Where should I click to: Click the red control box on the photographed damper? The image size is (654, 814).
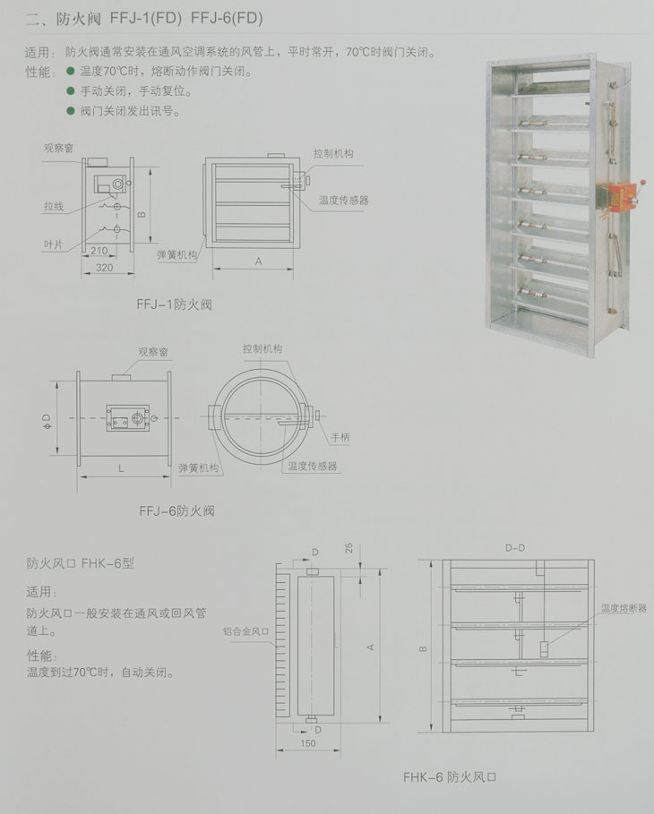click(x=621, y=197)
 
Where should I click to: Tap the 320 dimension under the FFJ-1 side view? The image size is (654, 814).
click(x=105, y=268)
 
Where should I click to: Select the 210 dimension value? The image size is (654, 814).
click(x=99, y=251)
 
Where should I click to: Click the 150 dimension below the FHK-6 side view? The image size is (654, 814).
click(x=308, y=743)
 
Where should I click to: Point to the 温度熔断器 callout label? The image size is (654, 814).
click(x=624, y=608)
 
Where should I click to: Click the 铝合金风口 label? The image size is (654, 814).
click(x=245, y=631)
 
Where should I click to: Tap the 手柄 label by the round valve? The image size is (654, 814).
click(x=340, y=437)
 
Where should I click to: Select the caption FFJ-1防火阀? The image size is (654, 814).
click(x=175, y=304)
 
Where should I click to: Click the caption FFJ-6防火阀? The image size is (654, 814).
click(x=176, y=510)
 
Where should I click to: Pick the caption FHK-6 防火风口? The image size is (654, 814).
click(x=450, y=777)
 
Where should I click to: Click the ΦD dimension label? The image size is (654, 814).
click(x=47, y=421)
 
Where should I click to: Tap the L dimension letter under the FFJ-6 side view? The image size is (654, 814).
click(x=121, y=468)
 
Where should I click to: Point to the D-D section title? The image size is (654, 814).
click(x=515, y=548)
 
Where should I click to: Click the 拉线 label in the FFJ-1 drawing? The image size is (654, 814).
click(x=54, y=206)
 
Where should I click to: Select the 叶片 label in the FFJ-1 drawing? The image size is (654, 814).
click(x=53, y=244)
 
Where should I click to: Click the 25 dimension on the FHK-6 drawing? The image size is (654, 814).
click(x=349, y=548)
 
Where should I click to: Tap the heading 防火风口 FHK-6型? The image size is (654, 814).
click(x=81, y=563)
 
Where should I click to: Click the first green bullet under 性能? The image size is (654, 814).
click(x=71, y=71)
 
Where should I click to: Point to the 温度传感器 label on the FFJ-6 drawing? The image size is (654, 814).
click(x=312, y=467)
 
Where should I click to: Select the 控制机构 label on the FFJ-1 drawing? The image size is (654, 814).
click(x=333, y=153)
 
